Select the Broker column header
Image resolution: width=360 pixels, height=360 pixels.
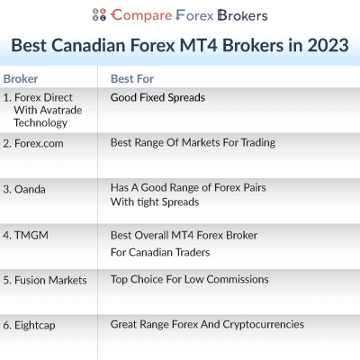pos(21,78)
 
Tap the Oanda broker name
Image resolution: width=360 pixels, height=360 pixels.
pos(29,189)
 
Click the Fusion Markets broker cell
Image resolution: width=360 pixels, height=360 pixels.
pos(45,280)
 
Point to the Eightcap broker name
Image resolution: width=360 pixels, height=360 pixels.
pos(33,324)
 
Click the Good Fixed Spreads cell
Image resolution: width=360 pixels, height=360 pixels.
pos(157,96)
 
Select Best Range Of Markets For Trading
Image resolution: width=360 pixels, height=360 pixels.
pos(193,142)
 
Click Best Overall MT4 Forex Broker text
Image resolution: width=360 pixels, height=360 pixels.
pos(184,235)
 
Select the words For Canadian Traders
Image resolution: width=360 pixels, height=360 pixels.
pos(159,252)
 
